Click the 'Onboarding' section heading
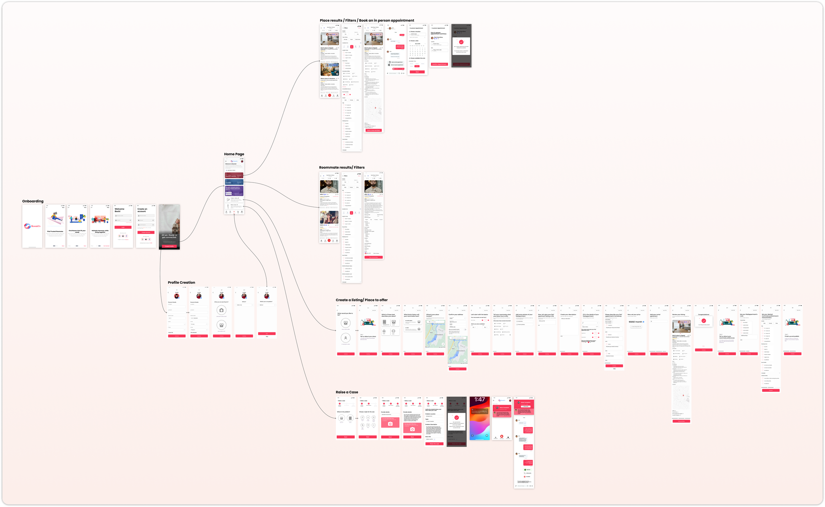33,201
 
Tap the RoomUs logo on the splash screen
32,226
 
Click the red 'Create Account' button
146,232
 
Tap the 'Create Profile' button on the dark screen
169,246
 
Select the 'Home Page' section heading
234,154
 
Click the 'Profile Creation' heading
181,283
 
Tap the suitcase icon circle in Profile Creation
221,310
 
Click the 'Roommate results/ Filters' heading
342,167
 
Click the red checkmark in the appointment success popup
461,42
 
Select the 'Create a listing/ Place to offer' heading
362,300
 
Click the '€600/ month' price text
635,322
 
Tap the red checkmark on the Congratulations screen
704,321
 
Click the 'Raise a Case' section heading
347,392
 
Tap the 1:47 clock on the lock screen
479,400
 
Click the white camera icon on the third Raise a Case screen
390,424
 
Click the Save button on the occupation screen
267,333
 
